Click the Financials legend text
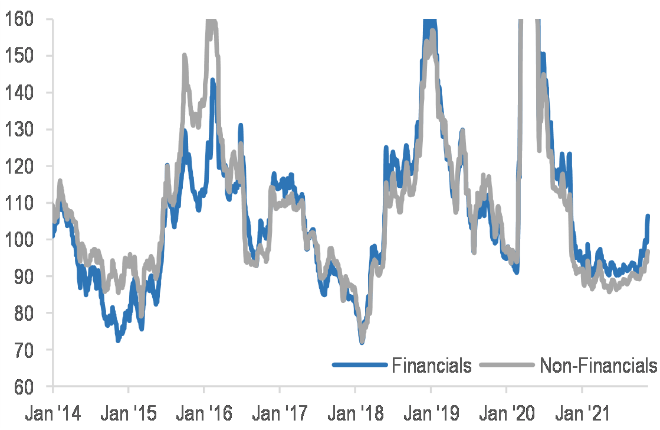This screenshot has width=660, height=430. click(x=432, y=365)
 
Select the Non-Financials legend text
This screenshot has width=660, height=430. click(x=598, y=365)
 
